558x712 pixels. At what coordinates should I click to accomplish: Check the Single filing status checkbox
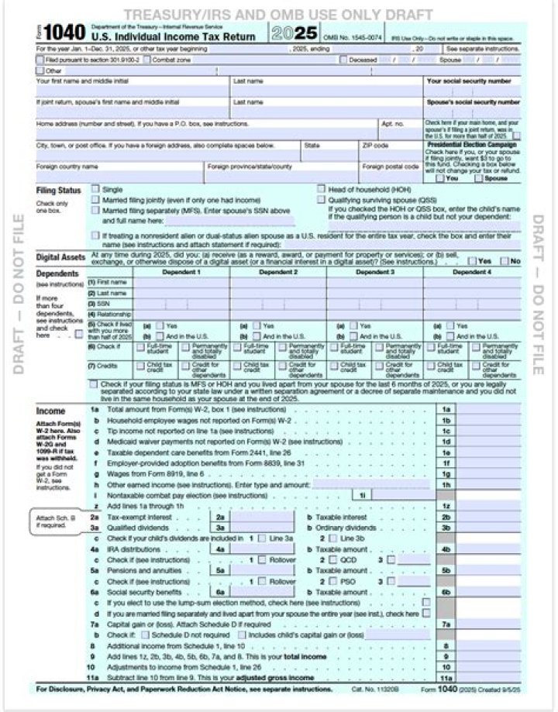[95, 188]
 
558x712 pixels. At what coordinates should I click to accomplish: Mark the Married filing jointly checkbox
[95, 199]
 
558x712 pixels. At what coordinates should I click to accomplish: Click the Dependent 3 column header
[375, 273]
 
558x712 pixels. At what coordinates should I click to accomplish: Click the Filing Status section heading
[59, 191]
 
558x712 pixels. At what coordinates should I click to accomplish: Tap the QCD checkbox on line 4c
[333, 558]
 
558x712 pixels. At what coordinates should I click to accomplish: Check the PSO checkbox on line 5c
[333, 580]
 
